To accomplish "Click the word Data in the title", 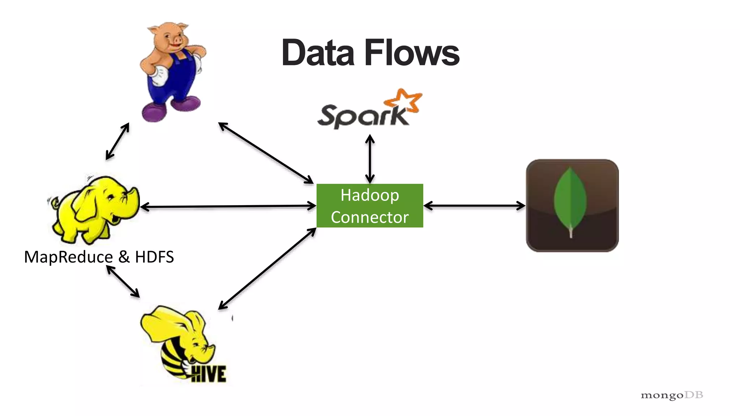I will tap(318, 53).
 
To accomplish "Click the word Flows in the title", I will tap(412, 53).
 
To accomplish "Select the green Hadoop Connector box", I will tap(370, 205).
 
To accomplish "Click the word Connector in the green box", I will tap(370, 217).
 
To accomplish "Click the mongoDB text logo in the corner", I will tap(672, 395).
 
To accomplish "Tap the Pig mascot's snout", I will tap(177, 41).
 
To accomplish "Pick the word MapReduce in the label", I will tap(68, 257).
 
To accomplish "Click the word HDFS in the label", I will tap(154, 257).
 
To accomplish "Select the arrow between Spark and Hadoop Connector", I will tap(370, 159).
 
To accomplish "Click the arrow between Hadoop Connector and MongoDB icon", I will tap(474, 206).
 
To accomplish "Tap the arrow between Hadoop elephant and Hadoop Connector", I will tap(228, 207).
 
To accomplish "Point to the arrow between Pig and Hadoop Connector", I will tap(266, 153).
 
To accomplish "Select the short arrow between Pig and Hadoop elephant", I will tap(117, 141).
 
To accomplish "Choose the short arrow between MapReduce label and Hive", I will tap(123, 281).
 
